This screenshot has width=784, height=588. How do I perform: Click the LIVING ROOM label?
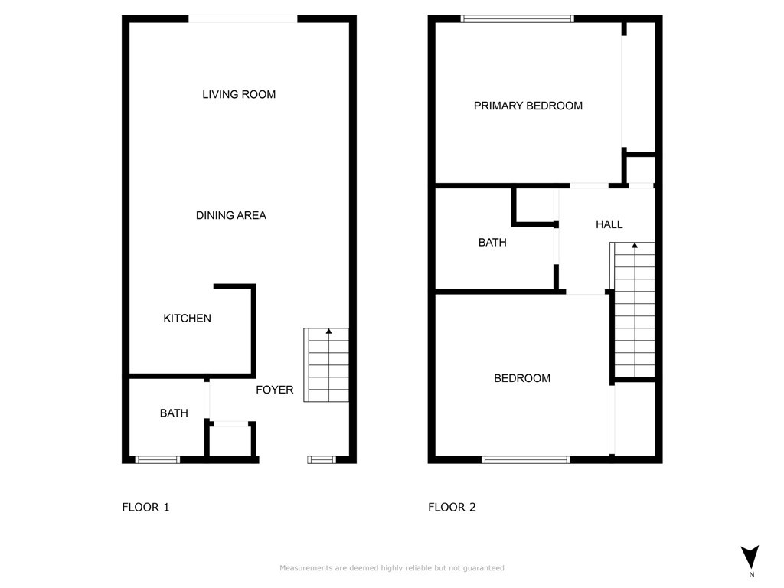pyautogui.click(x=239, y=95)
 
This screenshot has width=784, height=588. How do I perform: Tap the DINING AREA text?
pyautogui.click(x=231, y=216)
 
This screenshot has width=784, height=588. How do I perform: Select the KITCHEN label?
pyautogui.click(x=187, y=318)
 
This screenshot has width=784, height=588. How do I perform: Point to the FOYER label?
pyautogui.click(x=274, y=390)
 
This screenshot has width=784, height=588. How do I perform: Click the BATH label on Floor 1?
pyautogui.click(x=174, y=413)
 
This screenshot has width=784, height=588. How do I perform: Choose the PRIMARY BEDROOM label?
pyautogui.click(x=528, y=106)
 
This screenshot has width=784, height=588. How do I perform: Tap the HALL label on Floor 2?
pyautogui.click(x=609, y=224)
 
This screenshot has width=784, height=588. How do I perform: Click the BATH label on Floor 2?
pyautogui.click(x=492, y=243)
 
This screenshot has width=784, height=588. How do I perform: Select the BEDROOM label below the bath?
pyautogui.click(x=522, y=378)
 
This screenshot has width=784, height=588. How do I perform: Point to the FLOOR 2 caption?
pyautogui.click(x=452, y=507)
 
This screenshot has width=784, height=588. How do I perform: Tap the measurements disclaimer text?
pyautogui.click(x=392, y=568)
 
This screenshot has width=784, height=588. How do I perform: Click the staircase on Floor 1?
pyautogui.click(x=327, y=365)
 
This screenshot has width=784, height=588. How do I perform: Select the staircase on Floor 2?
pyautogui.click(x=634, y=310)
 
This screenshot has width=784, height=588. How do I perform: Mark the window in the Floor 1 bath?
pyautogui.click(x=158, y=459)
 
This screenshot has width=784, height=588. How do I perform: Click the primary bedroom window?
pyautogui.click(x=518, y=19)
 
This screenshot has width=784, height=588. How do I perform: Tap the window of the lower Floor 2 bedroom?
pyautogui.click(x=526, y=459)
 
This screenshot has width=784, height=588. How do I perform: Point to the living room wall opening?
pyautogui.click(x=243, y=19)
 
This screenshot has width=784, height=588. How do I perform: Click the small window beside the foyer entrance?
pyautogui.click(x=322, y=459)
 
